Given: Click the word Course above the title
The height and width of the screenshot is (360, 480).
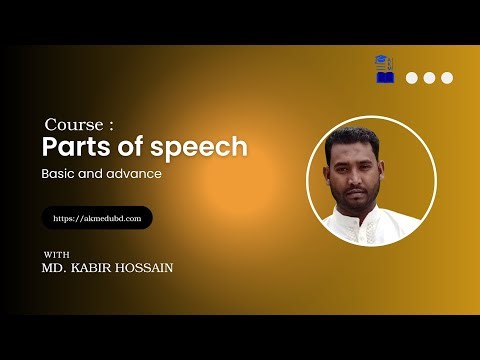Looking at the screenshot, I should pos(74,126).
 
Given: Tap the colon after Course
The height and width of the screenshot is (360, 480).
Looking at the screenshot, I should pos(111,127).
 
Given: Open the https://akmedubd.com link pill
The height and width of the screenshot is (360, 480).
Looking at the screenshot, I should pos(97,217).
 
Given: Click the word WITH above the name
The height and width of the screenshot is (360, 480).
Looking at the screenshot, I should pos(57,254).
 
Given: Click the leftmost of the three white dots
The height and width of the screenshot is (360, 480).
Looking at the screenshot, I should pos(411,77).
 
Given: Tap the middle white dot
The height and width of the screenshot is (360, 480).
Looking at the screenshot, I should pos(429,77).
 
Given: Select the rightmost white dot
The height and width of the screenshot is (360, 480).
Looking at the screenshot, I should pos(447,77).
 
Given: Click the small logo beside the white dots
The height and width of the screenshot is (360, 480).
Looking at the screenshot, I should pos(384,69).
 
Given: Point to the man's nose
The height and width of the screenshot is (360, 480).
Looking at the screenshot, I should pos(368,175).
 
